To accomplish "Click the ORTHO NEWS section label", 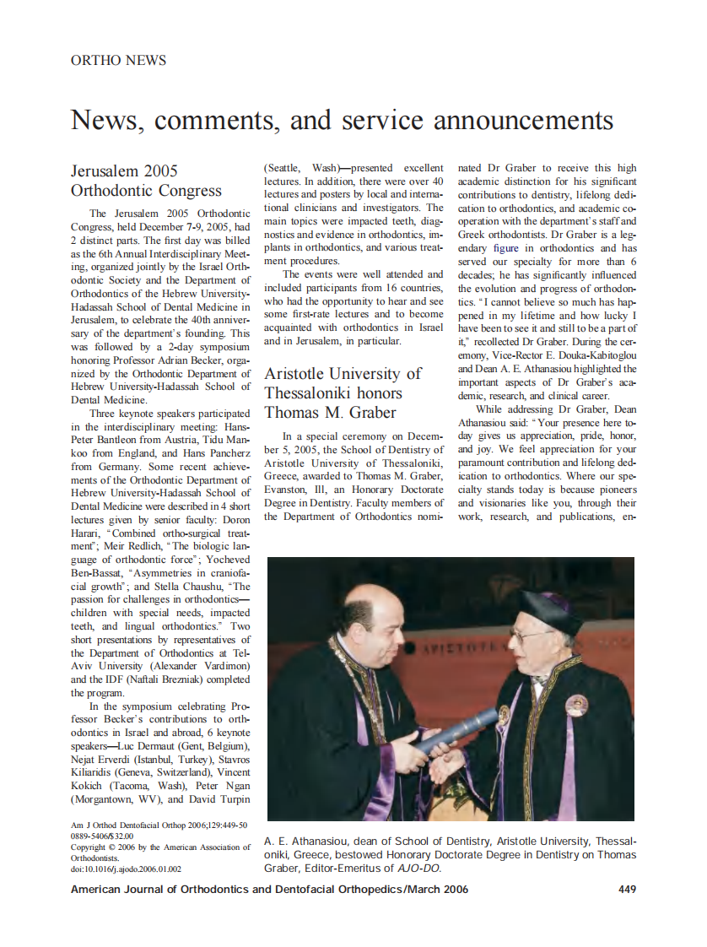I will pos(118,60).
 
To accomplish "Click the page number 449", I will pos(627,889).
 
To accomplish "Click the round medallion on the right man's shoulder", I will pos(577,702).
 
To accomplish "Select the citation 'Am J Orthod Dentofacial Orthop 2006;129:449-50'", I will pos(159,825).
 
